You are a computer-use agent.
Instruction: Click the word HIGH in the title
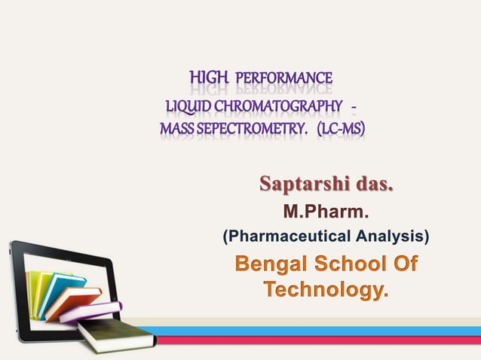click(x=209, y=78)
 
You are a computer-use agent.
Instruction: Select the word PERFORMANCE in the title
click(x=284, y=78)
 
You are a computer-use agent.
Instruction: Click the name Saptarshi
click(x=306, y=184)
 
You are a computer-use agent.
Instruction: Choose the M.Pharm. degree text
click(x=326, y=212)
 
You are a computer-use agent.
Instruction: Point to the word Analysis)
click(x=391, y=237)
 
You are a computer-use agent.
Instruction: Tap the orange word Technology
click(x=326, y=290)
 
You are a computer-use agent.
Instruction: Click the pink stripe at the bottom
click(x=317, y=340)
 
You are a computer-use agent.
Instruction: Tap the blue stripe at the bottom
click(x=317, y=331)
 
